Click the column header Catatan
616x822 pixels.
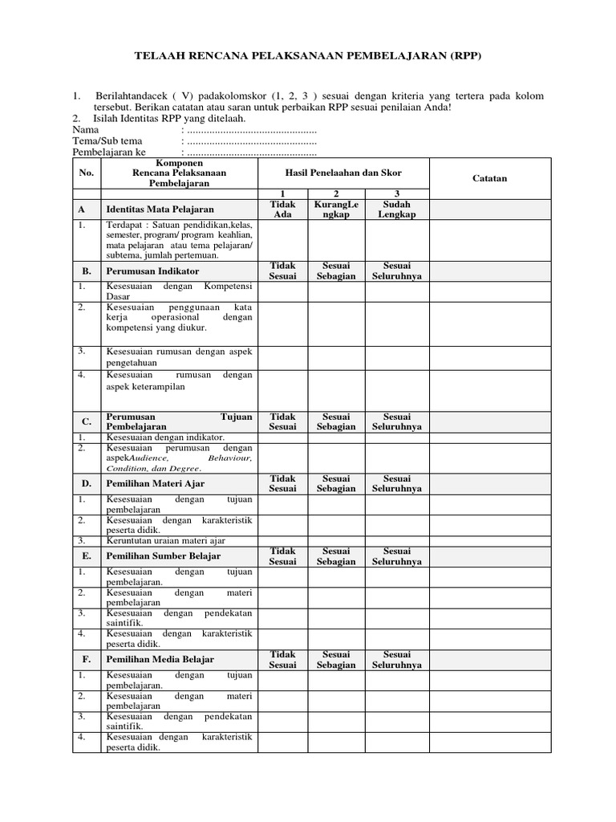[490, 178]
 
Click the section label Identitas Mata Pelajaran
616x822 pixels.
[156, 210]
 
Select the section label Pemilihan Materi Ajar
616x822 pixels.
[156, 483]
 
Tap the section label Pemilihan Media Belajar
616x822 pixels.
[160, 659]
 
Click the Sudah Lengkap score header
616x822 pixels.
[397, 210]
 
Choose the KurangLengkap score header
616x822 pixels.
[337, 210]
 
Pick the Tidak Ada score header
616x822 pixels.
[283, 210]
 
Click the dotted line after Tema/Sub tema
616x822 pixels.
[251, 142]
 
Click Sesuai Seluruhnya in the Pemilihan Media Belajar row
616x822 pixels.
[397, 659]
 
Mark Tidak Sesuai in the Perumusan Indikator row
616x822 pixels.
[283, 271]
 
